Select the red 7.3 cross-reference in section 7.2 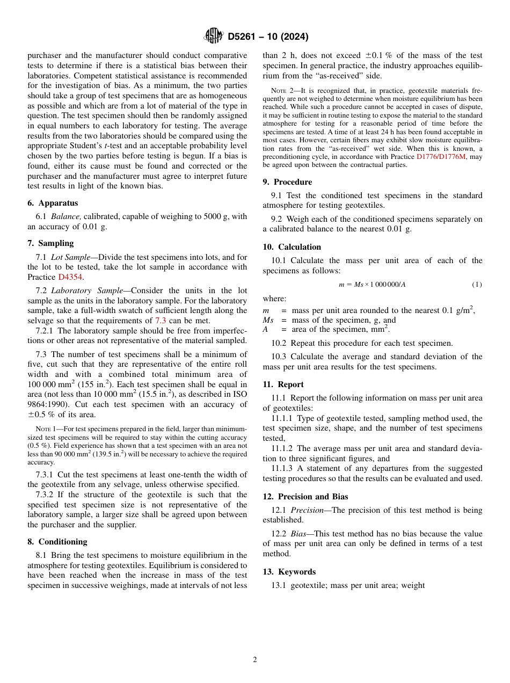161,321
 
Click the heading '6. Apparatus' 53,203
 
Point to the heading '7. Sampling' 50,243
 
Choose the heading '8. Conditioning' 57,542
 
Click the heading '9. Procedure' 287,182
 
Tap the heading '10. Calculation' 292,247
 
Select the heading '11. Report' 283,384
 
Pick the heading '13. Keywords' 289,572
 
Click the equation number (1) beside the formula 477,285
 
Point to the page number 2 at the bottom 255,660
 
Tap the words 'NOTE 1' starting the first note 46,429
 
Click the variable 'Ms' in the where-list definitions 268,320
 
